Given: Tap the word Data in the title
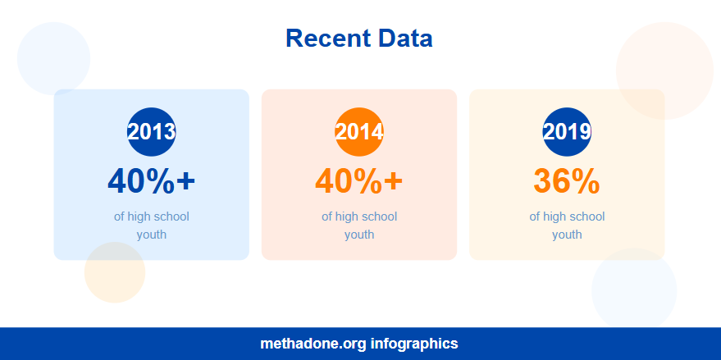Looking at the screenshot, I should pyautogui.click(x=405, y=38).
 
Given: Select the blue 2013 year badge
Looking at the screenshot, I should pyautogui.click(x=152, y=131).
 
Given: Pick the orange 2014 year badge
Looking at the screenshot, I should pyautogui.click(x=359, y=131).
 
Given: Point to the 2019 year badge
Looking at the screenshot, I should pyautogui.click(x=567, y=131).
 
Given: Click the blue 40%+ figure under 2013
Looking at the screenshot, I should pyautogui.click(x=152, y=181).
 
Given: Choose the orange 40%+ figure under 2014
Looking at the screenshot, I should pyautogui.click(x=359, y=181).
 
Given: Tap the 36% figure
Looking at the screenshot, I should pyautogui.click(x=567, y=181).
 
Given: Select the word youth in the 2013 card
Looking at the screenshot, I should pyautogui.click(x=152, y=235).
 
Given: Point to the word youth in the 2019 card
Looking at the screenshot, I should pyautogui.click(x=567, y=235).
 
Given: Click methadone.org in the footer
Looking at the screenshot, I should pyautogui.click(x=313, y=344).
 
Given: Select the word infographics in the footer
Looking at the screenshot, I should pyautogui.click(x=414, y=344).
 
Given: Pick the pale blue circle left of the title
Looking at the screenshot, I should pyautogui.click(x=53, y=58).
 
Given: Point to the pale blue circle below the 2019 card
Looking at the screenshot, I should pyautogui.click(x=634, y=290).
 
